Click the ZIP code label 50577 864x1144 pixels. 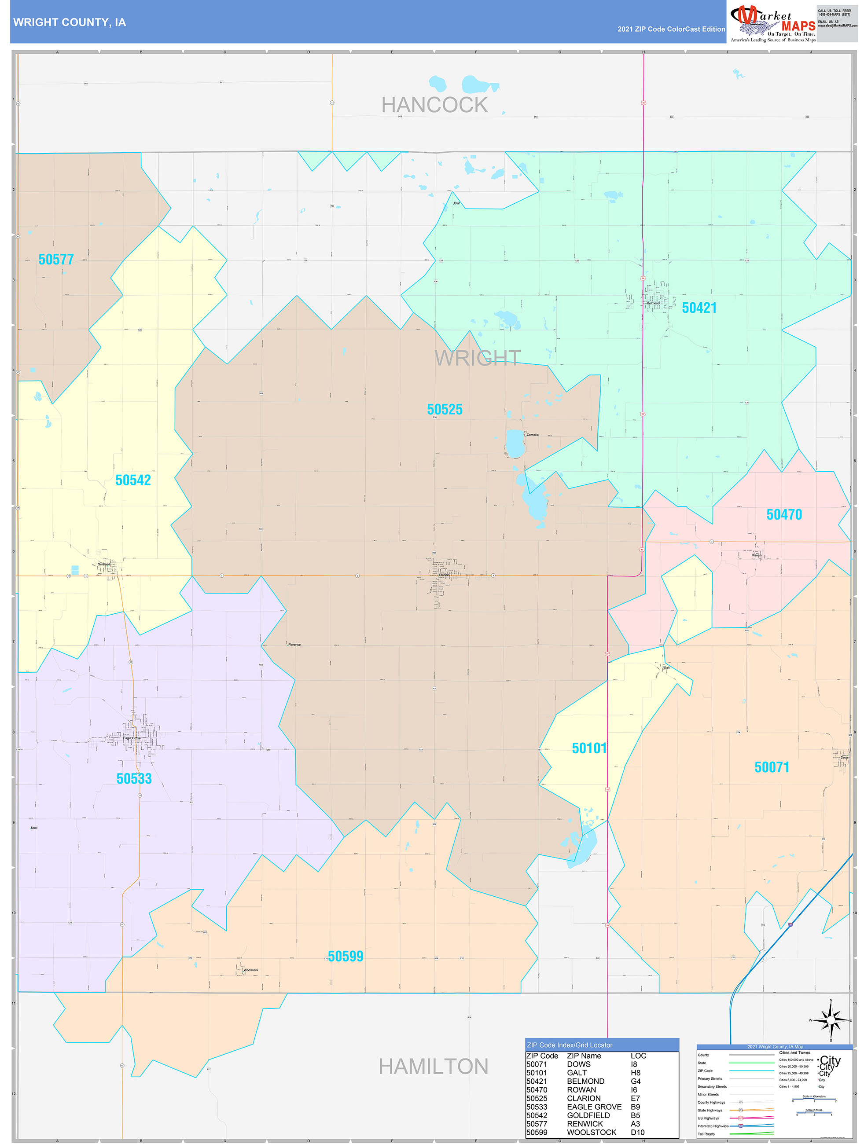coord(56,260)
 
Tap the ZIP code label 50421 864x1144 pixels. coord(699,308)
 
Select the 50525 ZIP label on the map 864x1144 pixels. coord(445,410)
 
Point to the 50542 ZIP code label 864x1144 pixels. coord(133,480)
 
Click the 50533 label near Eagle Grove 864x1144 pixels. coord(134,779)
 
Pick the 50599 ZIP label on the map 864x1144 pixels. coord(345,957)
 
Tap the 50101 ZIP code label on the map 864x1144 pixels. coord(589,748)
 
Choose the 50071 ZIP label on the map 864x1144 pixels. coord(772,767)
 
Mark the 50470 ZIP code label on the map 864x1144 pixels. coord(784,515)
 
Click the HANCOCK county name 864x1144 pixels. coord(434,106)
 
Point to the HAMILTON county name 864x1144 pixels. coord(433,1067)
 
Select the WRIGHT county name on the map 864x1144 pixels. coord(477,358)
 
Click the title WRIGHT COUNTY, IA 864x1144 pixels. coord(70,23)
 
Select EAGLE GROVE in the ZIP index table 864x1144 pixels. coord(594,1107)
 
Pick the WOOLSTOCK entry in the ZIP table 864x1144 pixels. coord(592,1132)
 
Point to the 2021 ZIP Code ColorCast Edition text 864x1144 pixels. coord(671,29)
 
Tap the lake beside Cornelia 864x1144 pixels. coord(515,444)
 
